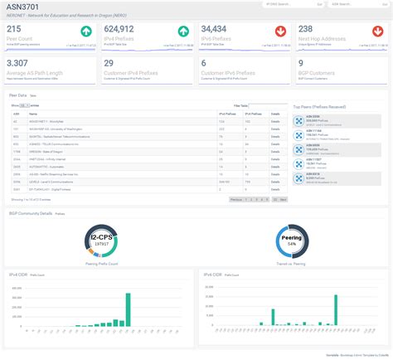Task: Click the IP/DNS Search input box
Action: pyautogui.click(x=286, y=4)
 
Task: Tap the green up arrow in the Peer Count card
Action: pyautogui.click(x=85, y=32)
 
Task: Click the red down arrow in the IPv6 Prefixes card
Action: pyautogui.click(x=281, y=32)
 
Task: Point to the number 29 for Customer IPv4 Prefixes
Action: pyautogui.click(x=109, y=63)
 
